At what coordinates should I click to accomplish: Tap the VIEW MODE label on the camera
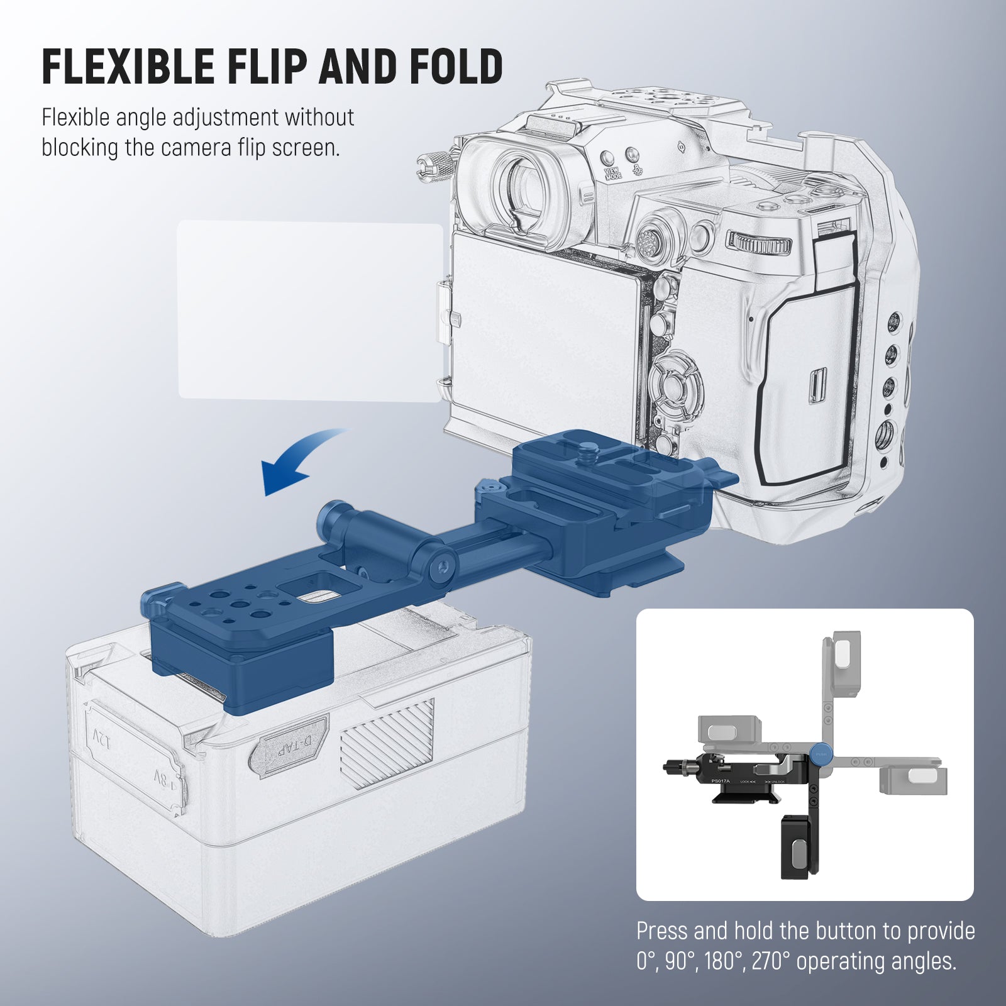[612, 174]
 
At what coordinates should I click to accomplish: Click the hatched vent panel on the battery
[387, 742]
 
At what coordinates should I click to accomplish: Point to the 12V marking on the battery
[102, 736]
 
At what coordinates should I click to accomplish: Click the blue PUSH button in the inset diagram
[821, 754]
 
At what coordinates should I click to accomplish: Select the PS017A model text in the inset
[721, 781]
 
